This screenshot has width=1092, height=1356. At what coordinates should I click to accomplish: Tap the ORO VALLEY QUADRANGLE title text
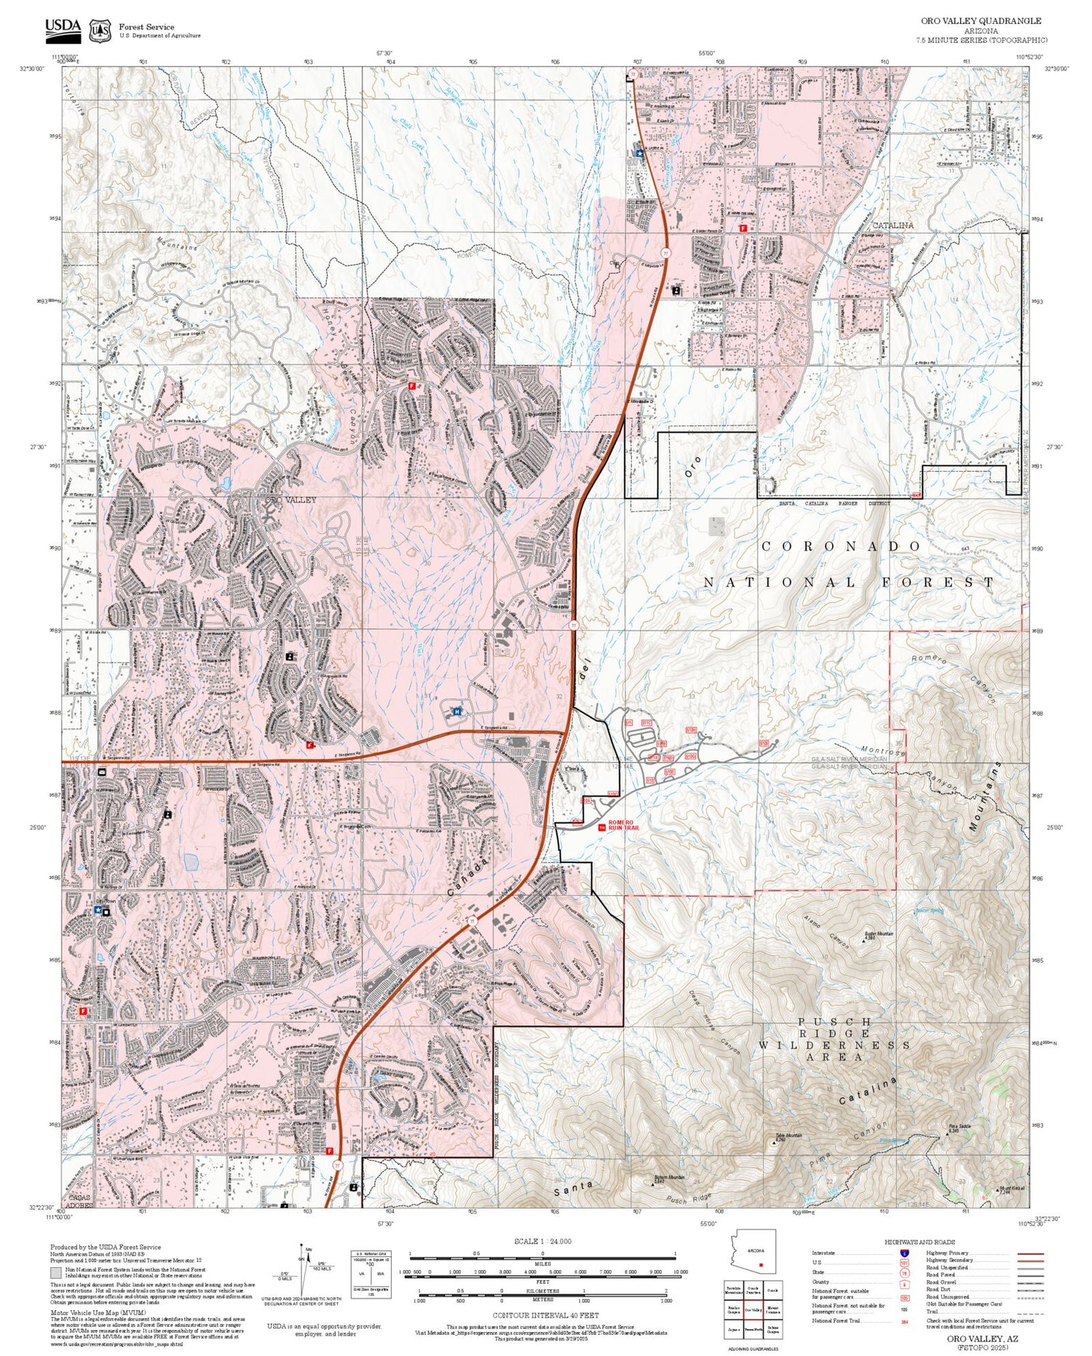(981, 21)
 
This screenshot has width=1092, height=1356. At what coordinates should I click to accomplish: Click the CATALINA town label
(893, 225)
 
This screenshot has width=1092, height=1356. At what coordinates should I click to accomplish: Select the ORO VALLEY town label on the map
(290, 500)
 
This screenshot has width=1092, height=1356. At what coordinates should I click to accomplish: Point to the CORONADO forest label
(841, 546)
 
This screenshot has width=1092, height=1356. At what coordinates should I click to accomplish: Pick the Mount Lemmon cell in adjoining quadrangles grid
(773, 1309)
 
